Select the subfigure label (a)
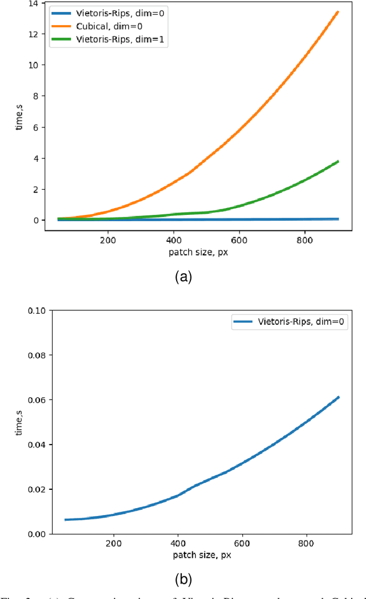tap(183, 277)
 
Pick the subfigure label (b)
tap(183, 579)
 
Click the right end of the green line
tap(339, 161)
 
